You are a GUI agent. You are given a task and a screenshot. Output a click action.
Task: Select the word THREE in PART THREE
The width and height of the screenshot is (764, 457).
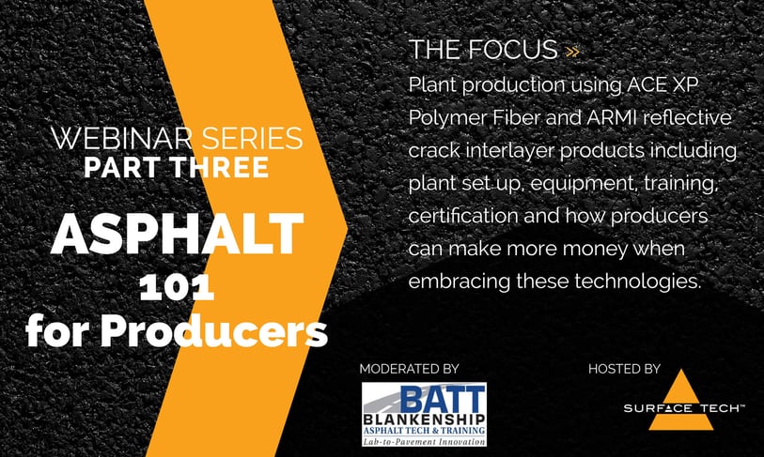[x=220, y=167]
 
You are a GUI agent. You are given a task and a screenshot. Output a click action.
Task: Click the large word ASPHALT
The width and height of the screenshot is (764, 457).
[x=178, y=235]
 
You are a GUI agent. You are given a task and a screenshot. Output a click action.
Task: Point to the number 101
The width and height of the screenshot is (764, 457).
[x=177, y=288]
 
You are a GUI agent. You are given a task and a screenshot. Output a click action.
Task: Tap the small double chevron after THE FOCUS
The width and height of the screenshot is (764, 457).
[x=572, y=52]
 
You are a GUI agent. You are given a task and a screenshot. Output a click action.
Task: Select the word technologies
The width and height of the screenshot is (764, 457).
[x=638, y=282]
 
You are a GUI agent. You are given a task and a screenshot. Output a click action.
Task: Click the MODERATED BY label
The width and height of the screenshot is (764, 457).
[x=410, y=369]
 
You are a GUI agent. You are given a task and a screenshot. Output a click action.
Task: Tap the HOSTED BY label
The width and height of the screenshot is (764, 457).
[x=624, y=369]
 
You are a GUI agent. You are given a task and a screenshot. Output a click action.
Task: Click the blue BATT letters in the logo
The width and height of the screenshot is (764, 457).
[x=443, y=399]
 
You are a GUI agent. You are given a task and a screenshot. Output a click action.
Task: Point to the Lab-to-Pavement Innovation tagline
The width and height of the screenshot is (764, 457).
[x=425, y=442]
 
